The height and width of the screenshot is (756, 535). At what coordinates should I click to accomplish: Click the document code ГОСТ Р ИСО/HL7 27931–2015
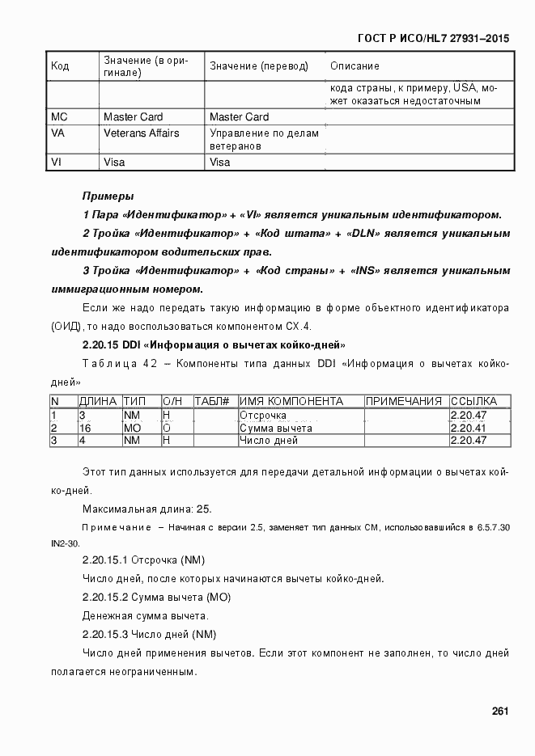pos(432,38)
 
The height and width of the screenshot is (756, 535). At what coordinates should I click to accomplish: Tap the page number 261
pos(499,712)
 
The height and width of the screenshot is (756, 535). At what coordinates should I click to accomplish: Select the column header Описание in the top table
pos(355,65)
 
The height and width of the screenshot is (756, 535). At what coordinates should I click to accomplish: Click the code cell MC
pos(59,117)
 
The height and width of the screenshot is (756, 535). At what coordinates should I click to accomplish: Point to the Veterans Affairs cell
pos(141,133)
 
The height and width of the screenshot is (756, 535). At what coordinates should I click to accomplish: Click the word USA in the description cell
pos(465,87)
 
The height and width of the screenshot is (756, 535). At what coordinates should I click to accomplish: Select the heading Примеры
pos(108,196)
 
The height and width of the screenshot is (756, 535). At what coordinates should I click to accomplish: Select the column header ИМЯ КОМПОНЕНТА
pos(291,401)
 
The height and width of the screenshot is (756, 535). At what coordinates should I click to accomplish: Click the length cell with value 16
pos(84,428)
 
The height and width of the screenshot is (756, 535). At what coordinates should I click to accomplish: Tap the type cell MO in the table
pos(132,428)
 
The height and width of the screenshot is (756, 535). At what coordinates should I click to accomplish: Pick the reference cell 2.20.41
pos(467,428)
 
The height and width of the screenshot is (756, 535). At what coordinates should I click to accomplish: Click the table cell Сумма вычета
pos(276,428)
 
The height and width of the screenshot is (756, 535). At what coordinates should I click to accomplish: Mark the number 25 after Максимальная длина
pos(204,509)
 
